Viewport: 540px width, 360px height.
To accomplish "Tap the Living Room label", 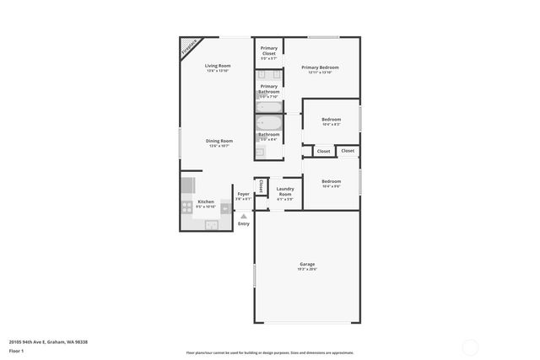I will click(218, 66).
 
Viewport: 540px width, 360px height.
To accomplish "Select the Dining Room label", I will click(219, 141).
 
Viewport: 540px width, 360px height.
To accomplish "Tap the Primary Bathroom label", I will click(269, 88).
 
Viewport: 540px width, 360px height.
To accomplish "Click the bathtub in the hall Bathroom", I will click(269, 123).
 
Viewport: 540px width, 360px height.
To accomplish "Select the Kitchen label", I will click(206, 201).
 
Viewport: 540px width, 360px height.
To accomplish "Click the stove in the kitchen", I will click(186, 207).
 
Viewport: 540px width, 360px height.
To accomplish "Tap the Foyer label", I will click(243, 194).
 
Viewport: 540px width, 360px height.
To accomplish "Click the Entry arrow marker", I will click(244, 216).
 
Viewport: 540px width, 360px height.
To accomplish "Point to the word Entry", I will click(244, 224).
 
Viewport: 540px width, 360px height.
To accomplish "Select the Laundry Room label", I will click(285, 191).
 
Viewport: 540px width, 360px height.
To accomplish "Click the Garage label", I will click(306, 264).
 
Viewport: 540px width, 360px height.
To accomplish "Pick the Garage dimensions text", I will click(306, 270).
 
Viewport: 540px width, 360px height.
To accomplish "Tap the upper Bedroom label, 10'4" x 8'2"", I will click(331, 120).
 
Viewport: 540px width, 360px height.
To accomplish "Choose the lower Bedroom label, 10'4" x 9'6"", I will click(331, 181).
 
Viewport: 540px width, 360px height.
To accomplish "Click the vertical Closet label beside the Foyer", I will click(261, 186).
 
